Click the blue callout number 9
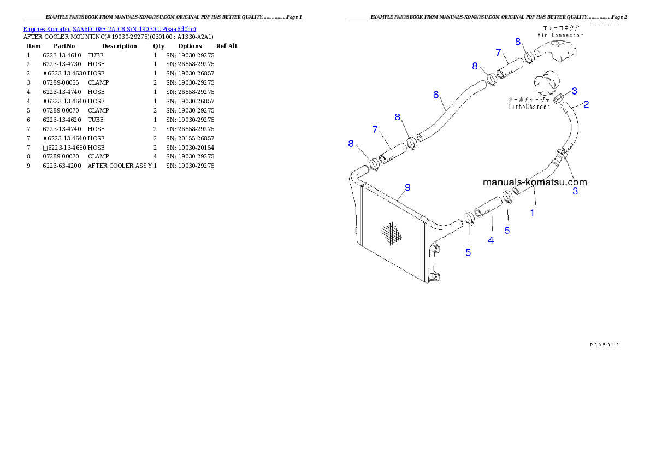[x=407, y=187]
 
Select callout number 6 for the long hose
[x=436, y=95]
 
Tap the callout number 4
[x=491, y=240]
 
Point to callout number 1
[x=533, y=213]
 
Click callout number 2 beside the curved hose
[x=586, y=104]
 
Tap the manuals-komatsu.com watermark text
[x=535, y=182]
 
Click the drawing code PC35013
[x=604, y=345]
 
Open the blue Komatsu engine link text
[x=109, y=28]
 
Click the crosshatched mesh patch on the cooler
[x=391, y=234]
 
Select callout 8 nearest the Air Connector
[x=518, y=42]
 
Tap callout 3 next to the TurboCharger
[x=575, y=90]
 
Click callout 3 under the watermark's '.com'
[x=575, y=191]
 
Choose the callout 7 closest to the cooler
[x=375, y=129]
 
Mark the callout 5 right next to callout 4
[x=507, y=231]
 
